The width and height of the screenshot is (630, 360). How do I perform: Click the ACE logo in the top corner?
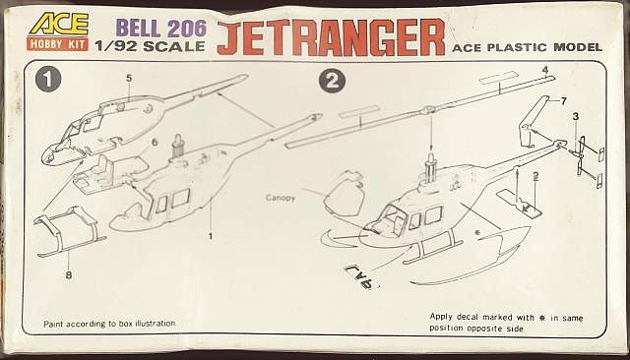pyautogui.click(x=58, y=24)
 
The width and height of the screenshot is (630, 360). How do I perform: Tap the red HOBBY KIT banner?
pyautogui.click(x=58, y=43)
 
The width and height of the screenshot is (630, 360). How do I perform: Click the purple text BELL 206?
pyautogui.click(x=160, y=29)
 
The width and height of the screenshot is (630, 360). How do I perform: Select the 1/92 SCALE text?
pyautogui.click(x=150, y=46)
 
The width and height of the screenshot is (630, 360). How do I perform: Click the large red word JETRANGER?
pyautogui.click(x=331, y=37)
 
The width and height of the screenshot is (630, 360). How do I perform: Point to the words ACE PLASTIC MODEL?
pyautogui.click(x=528, y=47)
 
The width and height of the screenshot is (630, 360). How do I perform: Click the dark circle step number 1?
pyautogui.click(x=48, y=80)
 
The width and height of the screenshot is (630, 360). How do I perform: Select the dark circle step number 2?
pyautogui.click(x=332, y=82)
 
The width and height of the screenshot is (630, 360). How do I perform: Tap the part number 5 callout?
pyautogui.click(x=129, y=78)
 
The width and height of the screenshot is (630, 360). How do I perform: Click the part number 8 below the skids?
pyautogui.click(x=69, y=274)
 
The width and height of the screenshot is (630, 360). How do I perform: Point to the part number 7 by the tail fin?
pyautogui.click(x=563, y=101)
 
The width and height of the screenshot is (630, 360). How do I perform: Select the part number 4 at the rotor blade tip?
pyautogui.click(x=544, y=70)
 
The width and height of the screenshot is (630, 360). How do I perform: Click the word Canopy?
pyautogui.click(x=281, y=198)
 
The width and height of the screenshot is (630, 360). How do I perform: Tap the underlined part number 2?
pyautogui.click(x=535, y=176)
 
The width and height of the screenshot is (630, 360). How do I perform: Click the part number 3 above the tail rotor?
pyautogui.click(x=575, y=117)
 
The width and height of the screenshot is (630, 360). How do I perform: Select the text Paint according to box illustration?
pyautogui.click(x=109, y=324)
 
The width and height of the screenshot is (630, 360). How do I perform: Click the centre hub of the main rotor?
pyautogui.click(x=429, y=109)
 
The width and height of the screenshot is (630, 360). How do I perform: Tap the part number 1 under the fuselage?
pyautogui.click(x=210, y=236)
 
